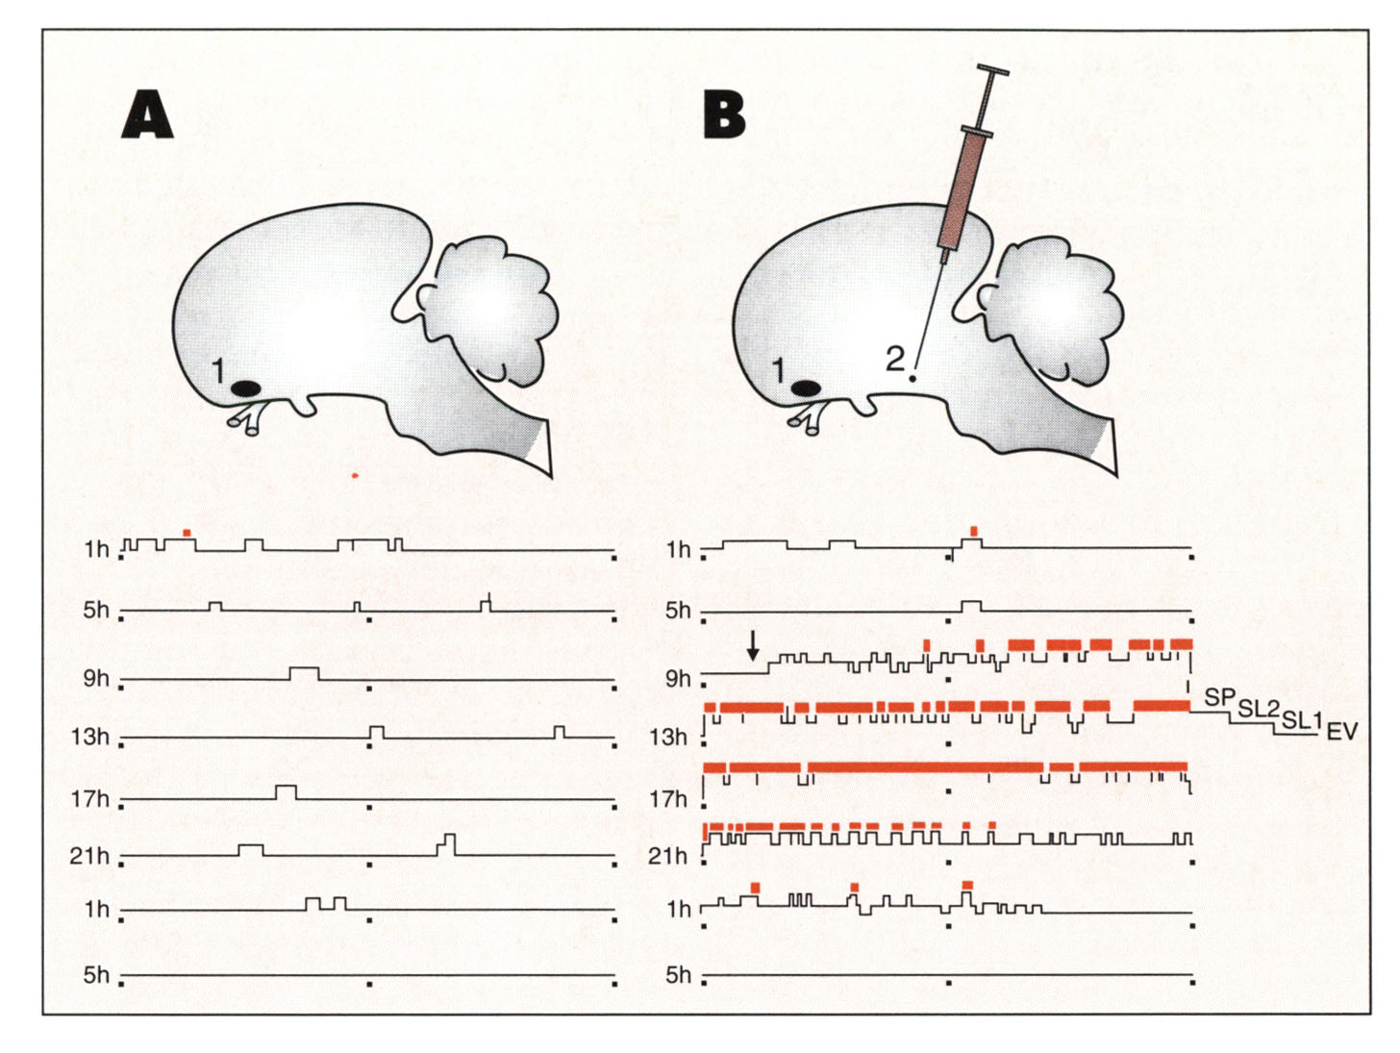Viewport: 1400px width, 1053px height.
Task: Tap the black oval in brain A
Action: click(246, 389)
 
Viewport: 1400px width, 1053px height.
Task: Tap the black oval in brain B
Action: click(805, 389)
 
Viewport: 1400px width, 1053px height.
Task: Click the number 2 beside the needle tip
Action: click(894, 360)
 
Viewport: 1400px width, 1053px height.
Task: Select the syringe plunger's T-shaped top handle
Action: click(993, 71)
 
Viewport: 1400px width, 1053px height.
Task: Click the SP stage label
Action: click(1219, 696)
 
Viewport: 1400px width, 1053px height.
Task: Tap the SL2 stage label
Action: click(1258, 710)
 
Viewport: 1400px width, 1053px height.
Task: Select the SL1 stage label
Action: click(1302, 719)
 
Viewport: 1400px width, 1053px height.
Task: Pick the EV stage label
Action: click(1342, 732)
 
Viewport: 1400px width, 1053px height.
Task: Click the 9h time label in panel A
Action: click(96, 679)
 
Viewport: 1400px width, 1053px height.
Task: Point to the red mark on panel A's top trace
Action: click(187, 532)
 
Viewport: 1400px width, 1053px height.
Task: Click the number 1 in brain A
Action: click(218, 370)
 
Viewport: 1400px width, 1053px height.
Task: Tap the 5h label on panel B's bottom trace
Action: click(678, 975)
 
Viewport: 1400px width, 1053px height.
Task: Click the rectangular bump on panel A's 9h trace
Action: click(304, 673)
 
